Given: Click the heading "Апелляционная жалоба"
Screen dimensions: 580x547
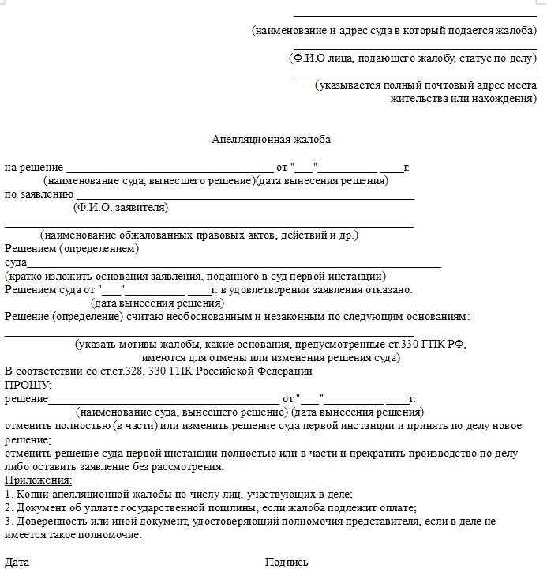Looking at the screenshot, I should [272, 140].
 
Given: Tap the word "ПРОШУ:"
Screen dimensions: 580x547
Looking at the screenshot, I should [28, 385].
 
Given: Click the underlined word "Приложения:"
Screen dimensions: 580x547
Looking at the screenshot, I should [38, 480].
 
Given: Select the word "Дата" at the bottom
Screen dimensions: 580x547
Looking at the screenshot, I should [17, 563].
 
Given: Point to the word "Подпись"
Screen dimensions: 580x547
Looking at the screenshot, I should [287, 563].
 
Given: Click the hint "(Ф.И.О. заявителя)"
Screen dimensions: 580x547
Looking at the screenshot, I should [120, 208].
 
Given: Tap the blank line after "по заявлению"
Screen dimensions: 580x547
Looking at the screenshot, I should [245, 196].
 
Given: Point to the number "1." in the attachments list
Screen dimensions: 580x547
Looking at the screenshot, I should [9, 494].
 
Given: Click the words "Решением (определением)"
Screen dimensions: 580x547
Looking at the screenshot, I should [72, 248].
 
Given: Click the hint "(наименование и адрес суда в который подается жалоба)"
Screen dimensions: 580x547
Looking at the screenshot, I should [394, 31].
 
